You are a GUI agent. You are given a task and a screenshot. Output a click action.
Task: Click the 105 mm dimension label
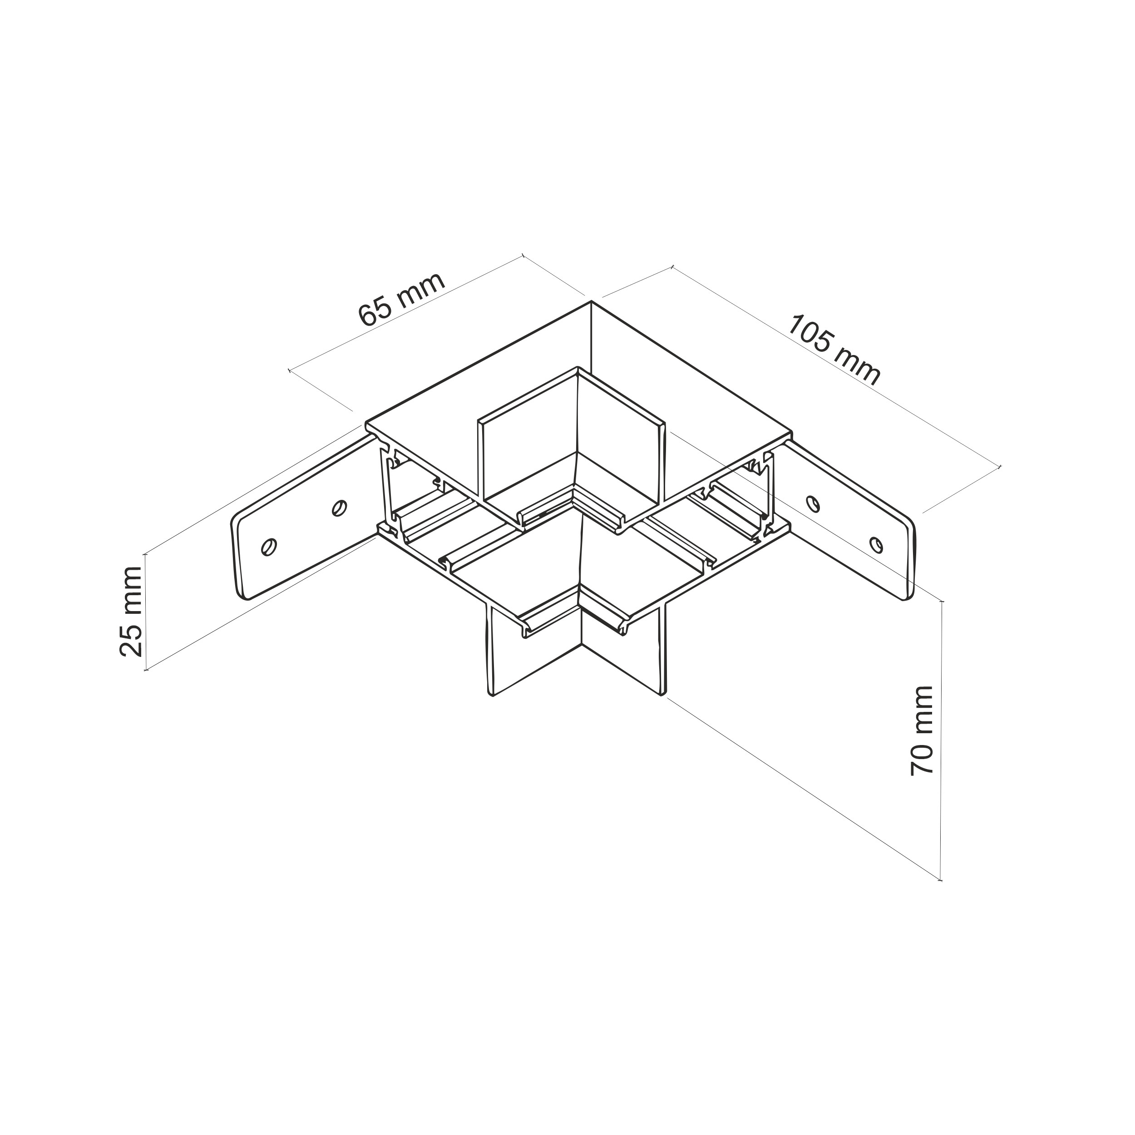834,350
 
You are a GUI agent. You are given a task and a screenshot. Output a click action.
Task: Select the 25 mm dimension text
130,612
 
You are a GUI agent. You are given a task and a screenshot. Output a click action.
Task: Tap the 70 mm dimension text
922,731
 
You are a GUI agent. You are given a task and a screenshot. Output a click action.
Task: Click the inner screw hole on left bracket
339,507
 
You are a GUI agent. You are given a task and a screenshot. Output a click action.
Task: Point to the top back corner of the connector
591,302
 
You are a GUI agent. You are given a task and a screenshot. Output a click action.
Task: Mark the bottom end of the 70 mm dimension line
941,897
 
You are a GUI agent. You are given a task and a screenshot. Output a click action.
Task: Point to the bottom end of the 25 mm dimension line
146,669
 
